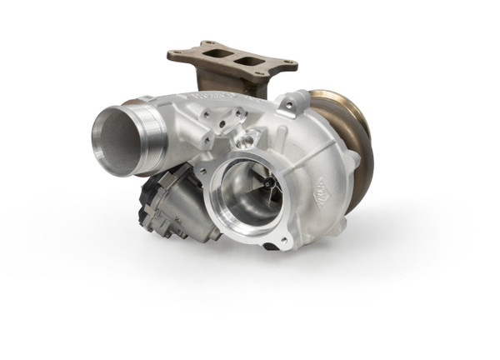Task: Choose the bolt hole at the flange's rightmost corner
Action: point(287,64)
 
